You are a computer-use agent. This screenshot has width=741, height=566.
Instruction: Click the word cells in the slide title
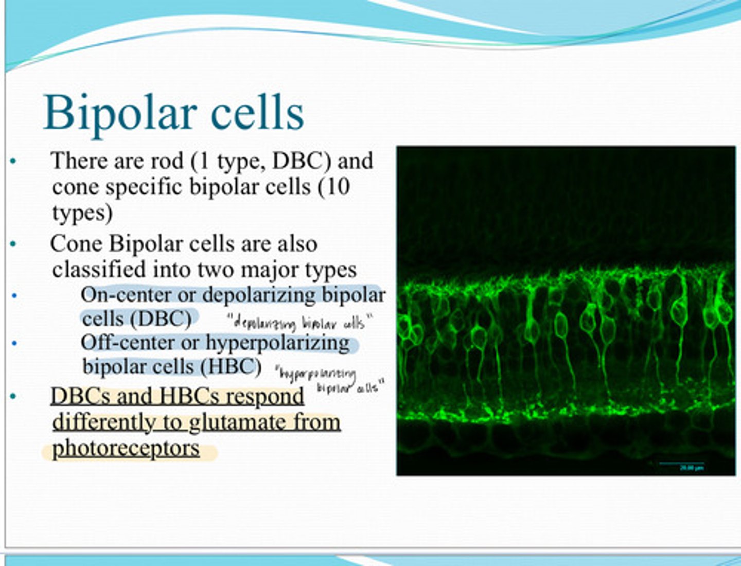[x=257, y=113]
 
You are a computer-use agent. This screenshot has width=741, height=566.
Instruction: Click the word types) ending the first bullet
[x=82, y=213]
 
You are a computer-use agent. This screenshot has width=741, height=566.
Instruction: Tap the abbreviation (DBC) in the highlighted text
[x=161, y=319]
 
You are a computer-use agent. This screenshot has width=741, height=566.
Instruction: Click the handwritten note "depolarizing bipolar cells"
[x=299, y=323]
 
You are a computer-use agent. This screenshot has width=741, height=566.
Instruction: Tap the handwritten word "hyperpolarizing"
[x=315, y=374]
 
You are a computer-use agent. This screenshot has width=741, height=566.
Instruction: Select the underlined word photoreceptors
[x=126, y=448]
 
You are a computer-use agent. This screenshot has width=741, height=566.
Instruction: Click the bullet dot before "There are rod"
[x=13, y=162]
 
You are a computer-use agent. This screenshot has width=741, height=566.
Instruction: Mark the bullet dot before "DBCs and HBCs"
[x=13, y=396]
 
